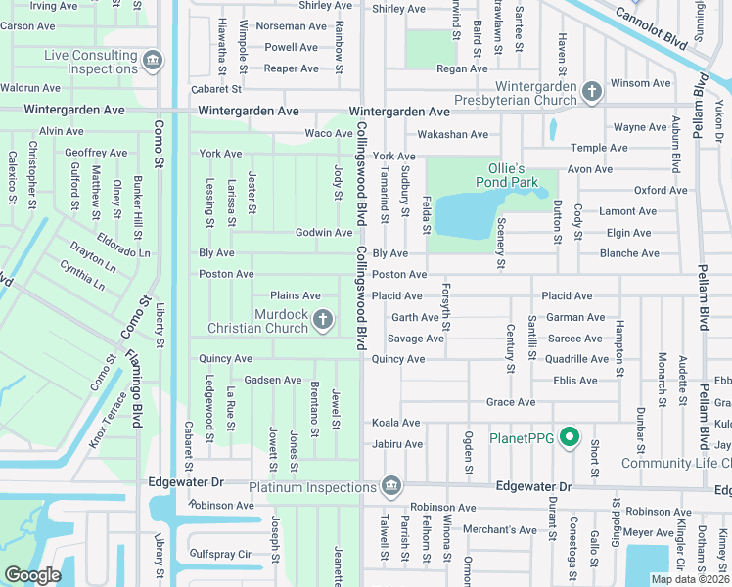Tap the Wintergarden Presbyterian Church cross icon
(591, 93)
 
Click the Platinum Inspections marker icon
(391, 486)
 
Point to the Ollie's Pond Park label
(507, 175)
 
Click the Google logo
(33, 574)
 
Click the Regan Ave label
(462, 68)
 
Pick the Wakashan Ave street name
(452, 134)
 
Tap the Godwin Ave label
(324, 233)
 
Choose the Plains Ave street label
(296, 295)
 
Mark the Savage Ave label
(415, 339)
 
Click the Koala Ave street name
(395, 423)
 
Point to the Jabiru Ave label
(396, 444)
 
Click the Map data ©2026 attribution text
(690, 579)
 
